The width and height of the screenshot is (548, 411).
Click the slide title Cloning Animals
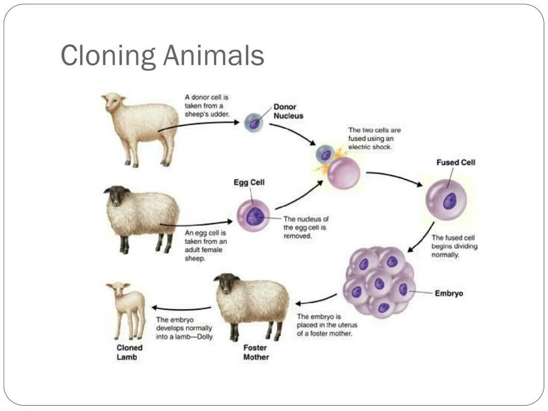click(x=162, y=56)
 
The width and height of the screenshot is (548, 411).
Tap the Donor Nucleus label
click(x=288, y=111)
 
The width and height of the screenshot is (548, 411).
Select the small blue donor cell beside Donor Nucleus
click(x=254, y=123)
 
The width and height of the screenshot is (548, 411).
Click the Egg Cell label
click(x=249, y=182)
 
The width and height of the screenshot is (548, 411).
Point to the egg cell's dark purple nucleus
click(x=255, y=216)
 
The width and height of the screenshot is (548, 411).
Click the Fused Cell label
click(x=455, y=162)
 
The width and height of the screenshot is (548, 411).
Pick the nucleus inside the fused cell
click(x=448, y=201)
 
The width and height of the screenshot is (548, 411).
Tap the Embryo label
click(x=448, y=293)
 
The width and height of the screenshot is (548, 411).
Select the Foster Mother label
click(x=256, y=352)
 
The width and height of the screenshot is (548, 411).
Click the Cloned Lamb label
click(x=130, y=352)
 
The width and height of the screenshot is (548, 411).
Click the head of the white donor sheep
click(x=114, y=102)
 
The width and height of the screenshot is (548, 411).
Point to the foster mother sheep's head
click(x=229, y=283)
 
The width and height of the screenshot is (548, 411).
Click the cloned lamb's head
click(x=118, y=291)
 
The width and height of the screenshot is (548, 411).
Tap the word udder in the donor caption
click(x=220, y=114)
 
